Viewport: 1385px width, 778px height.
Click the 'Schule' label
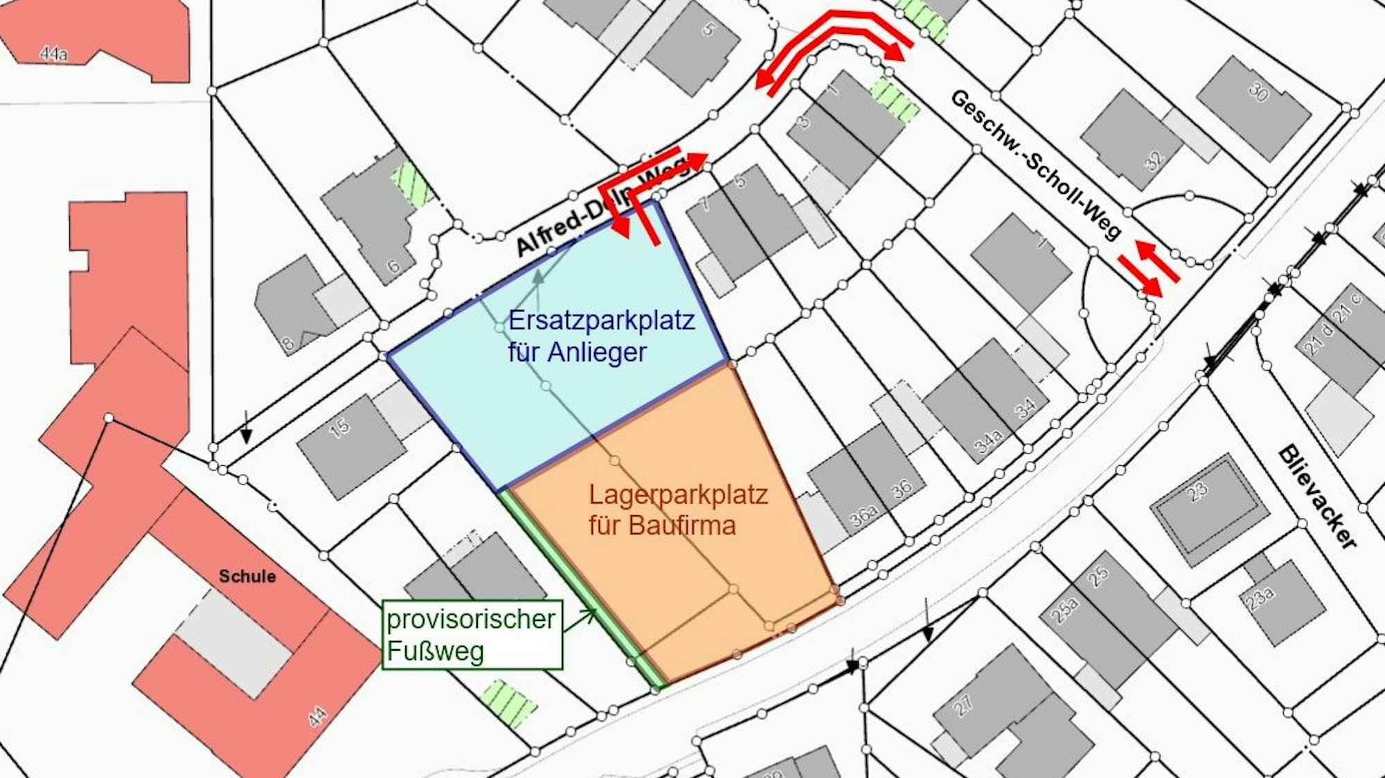click(247, 576)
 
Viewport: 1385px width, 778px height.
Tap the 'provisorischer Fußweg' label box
click(472, 635)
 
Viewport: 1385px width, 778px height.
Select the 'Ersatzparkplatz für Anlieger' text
click(601, 336)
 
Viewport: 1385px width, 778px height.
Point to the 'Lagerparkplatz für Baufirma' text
click(678, 510)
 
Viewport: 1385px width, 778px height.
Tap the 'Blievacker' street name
click(1316, 497)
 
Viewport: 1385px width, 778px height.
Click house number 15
click(339, 428)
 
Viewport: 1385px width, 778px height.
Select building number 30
click(1258, 92)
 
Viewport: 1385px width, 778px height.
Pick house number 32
click(1154, 161)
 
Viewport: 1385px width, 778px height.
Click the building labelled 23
click(1198, 491)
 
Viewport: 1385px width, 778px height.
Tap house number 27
click(963, 705)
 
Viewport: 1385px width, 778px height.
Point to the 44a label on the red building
click(53, 53)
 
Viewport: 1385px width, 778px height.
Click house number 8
click(287, 343)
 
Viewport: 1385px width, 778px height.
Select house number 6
click(393, 265)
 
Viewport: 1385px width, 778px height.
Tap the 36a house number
click(864, 516)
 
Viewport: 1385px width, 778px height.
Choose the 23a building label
click(1261, 597)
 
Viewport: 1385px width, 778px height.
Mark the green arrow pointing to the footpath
click(580, 620)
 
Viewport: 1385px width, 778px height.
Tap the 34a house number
click(988, 441)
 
